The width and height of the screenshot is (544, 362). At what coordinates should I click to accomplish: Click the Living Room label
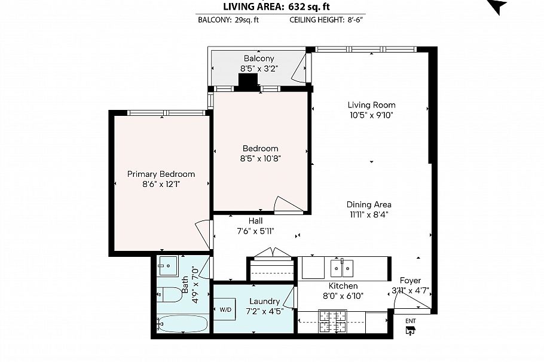point(371,105)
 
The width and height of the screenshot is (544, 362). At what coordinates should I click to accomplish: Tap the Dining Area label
point(369,204)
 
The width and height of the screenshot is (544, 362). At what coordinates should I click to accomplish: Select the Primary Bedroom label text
point(161,174)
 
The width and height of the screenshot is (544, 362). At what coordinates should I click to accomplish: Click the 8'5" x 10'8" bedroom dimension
point(260,159)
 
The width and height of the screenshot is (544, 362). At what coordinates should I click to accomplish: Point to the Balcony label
point(259,59)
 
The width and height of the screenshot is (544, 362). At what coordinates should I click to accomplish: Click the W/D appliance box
point(225,309)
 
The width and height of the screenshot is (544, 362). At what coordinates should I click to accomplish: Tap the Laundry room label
point(264,301)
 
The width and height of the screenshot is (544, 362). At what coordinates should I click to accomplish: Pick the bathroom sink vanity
point(168,265)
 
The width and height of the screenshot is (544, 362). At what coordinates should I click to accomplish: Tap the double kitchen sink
point(343,268)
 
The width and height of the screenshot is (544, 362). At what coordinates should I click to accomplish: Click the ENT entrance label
point(410,321)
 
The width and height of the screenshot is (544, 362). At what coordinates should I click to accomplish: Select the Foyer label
point(410,281)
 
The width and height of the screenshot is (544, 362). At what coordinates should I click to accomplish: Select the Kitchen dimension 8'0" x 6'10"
point(344,296)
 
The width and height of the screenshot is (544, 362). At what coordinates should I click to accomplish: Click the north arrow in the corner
point(497,6)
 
